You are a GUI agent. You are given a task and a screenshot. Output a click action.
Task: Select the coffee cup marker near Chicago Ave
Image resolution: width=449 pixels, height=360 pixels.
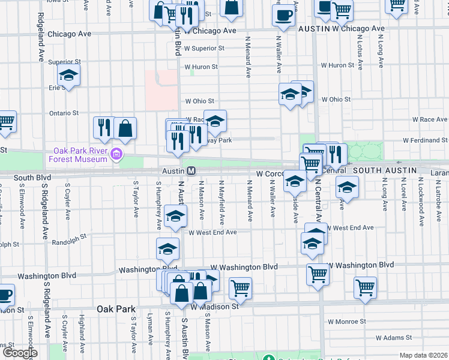coord(283,16)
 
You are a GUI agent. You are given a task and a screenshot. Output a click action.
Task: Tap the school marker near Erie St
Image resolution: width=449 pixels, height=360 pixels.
coord(68,76)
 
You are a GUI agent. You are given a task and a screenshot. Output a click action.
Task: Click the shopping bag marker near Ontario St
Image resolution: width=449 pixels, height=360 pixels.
coord(125,128)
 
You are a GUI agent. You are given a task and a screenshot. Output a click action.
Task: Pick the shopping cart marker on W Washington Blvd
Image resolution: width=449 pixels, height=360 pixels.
coord(318,274)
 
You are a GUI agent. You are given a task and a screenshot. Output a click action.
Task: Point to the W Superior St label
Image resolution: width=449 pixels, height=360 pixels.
coord(204,48)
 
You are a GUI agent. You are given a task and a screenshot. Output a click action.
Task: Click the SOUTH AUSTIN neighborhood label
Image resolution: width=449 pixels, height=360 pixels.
coord(384,170)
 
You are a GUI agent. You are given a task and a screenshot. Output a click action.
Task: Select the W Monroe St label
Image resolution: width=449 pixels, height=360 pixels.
coord(346,322)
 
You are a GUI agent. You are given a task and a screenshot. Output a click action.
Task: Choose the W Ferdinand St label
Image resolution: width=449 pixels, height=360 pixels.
coord(425,140)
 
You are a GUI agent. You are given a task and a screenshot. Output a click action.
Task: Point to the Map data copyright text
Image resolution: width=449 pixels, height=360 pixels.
coord(423,355)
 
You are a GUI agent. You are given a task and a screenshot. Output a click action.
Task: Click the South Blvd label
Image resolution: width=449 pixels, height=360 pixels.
coord(31,178)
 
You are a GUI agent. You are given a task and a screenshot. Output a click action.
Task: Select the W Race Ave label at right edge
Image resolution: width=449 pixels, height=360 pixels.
coord(433,119)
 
